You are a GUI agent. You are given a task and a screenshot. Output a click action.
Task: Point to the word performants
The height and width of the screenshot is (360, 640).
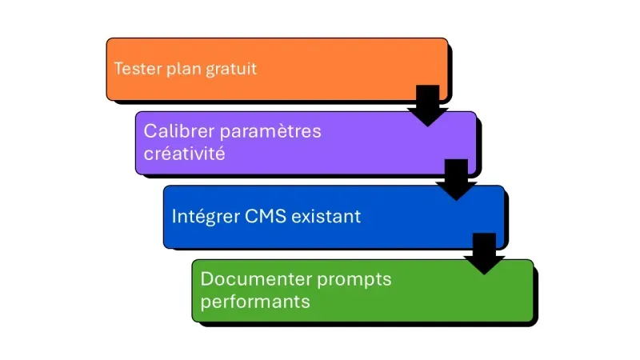(255, 302)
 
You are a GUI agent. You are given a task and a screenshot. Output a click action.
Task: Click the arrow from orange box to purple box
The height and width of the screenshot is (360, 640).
(428, 105)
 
